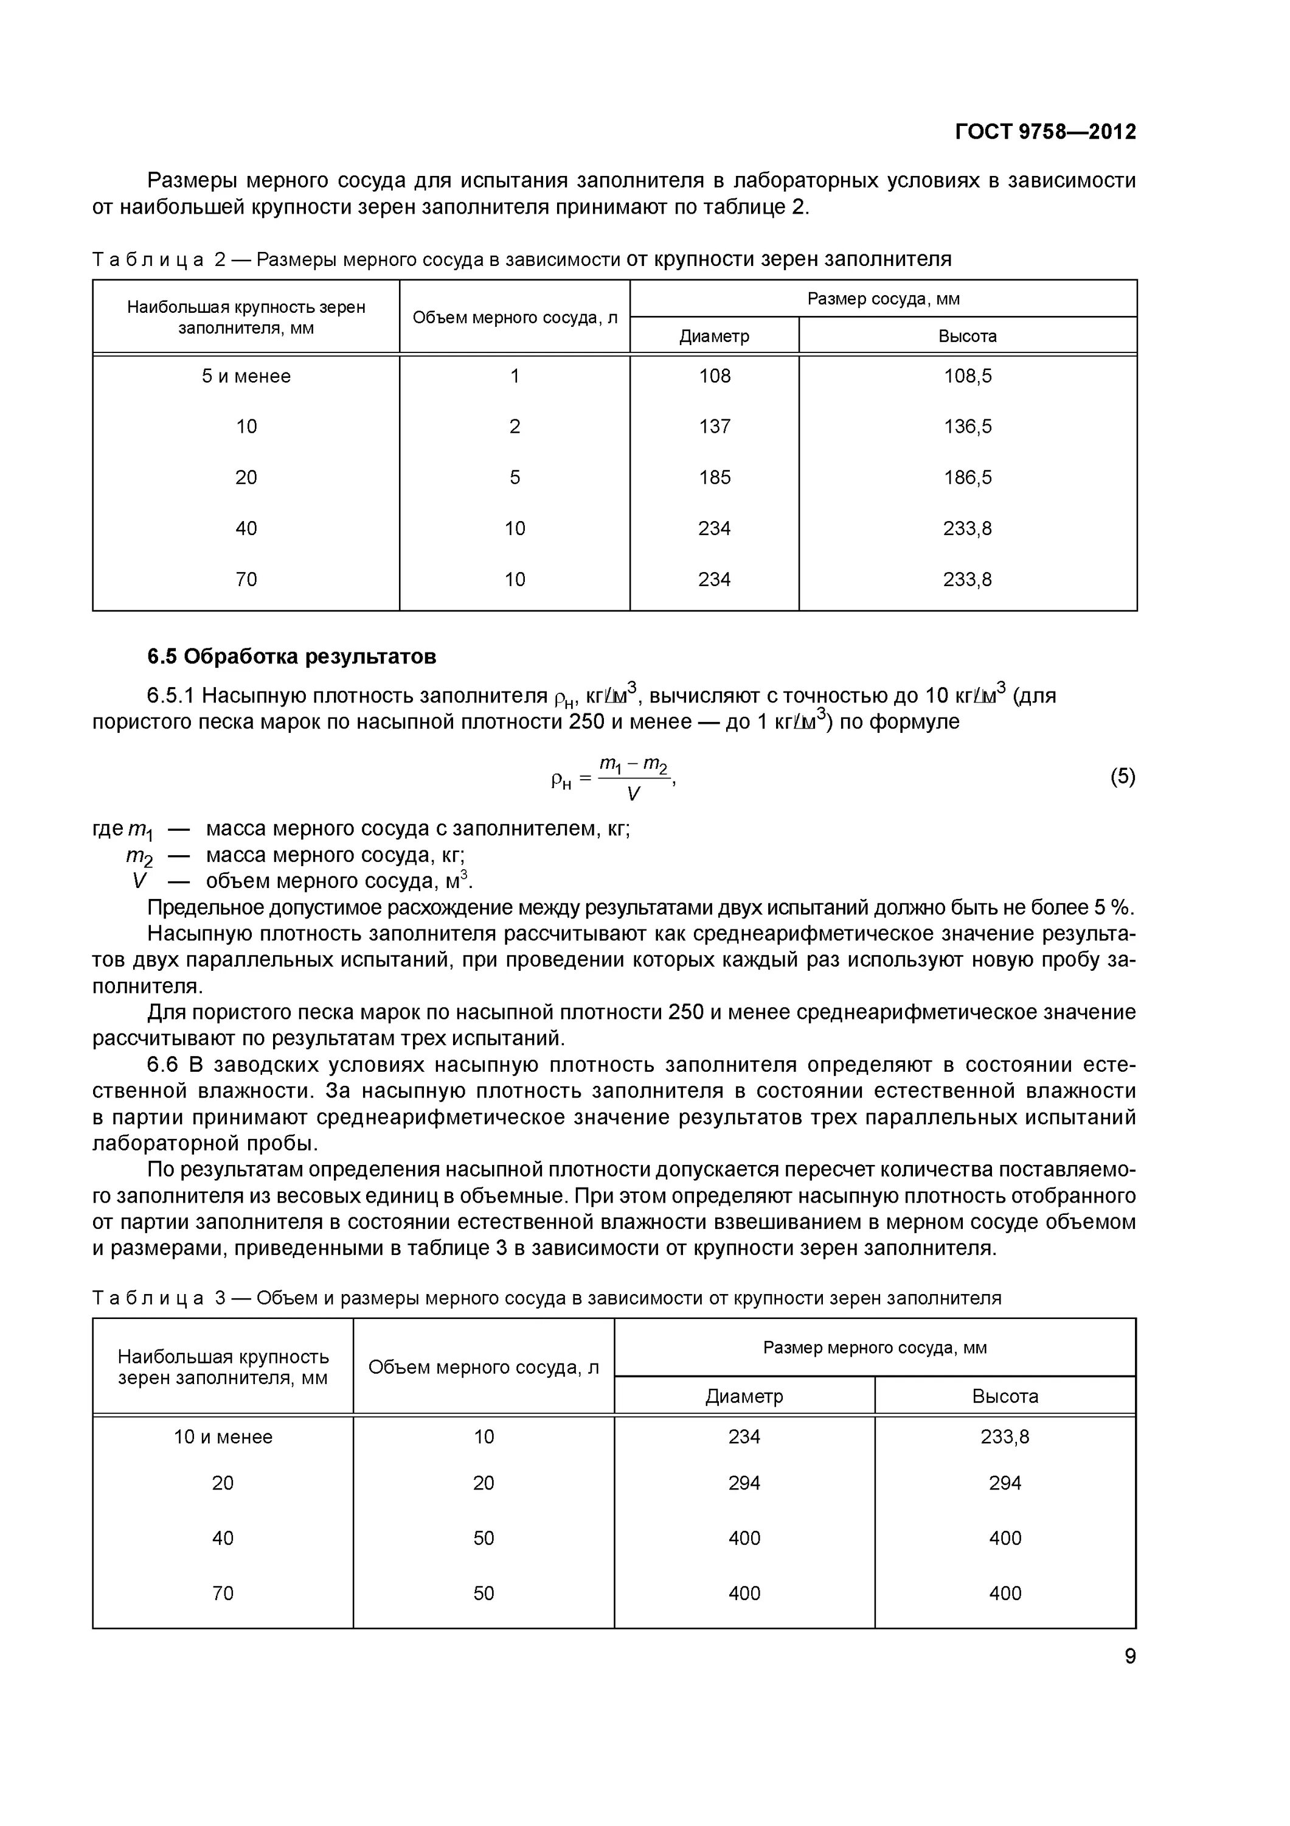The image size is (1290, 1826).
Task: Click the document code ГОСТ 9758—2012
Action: (x=1044, y=132)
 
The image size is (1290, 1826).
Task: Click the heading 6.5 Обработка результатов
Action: (x=292, y=656)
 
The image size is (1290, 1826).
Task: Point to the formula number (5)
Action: (x=1122, y=776)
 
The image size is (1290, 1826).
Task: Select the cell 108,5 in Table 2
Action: (x=967, y=376)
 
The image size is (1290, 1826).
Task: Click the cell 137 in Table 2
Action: (x=714, y=427)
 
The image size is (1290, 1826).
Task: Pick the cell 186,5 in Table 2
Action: (x=967, y=478)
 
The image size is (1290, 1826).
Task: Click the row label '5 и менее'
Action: (x=246, y=376)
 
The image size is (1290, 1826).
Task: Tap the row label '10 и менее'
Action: (x=223, y=1437)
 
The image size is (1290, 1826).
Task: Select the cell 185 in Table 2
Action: (x=714, y=478)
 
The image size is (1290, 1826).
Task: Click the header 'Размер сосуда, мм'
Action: (x=883, y=299)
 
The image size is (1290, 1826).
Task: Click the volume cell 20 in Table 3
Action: (x=484, y=1483)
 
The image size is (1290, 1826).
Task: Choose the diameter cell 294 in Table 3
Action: (x=744, y=1483)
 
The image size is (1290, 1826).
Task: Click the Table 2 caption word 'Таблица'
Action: (x=148, y=260)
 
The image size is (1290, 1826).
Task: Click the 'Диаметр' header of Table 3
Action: (x=744, y=1396)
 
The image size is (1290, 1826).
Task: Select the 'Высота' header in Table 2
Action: (x=967, y=337)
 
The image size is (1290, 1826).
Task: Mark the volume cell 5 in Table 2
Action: (x=515, y=478)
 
